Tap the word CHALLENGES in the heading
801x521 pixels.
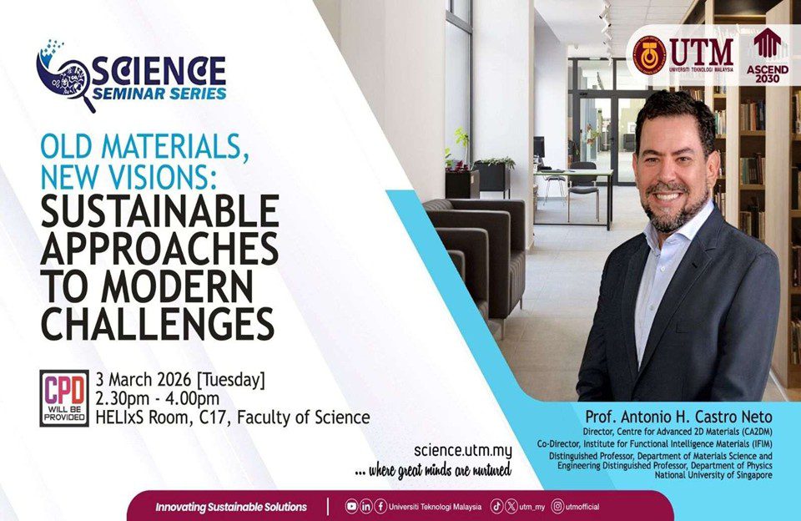click(158, 324)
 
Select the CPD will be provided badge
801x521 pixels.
click(64, 398)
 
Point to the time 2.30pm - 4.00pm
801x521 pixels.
click(158, 398)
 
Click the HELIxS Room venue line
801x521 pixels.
click(233, 417)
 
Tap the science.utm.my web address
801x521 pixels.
click(463, 450)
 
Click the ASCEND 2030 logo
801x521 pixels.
click(768, 55)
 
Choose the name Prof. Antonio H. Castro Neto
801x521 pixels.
click(679, 417)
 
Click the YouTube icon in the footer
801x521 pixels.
click(351, 507)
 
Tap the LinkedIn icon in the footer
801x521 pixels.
click(365, 507)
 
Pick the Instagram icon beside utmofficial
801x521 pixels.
click(558, 507)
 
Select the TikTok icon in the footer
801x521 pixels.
click(496, 507)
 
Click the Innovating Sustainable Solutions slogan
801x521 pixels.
click(231, 507)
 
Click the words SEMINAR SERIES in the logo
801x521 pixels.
click(159, 94)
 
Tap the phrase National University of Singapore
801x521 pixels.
click(713, 475)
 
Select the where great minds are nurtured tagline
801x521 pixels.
click(433, 470)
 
